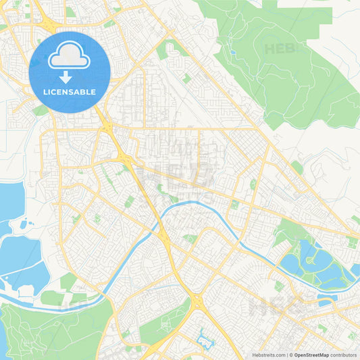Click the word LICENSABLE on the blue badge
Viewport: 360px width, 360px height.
tap(70, 92)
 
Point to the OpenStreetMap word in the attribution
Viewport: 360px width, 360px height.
tap(312, 355)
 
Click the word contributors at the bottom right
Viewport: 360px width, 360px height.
tap(344, 355)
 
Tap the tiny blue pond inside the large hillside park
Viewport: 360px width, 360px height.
tap(232, 52)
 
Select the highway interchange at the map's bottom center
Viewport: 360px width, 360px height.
tap(197, 302)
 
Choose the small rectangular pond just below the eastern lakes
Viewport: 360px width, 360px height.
tap(326, 295)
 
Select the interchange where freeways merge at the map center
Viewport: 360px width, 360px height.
tap(126, 157)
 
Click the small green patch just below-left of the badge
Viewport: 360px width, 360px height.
tap(41, 110)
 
